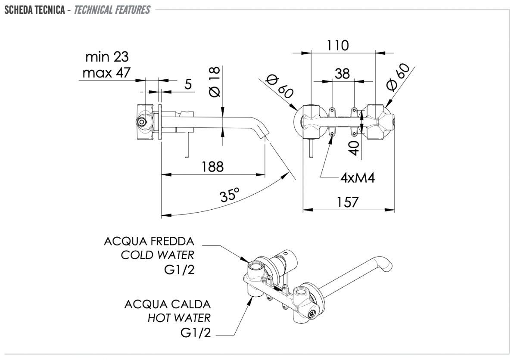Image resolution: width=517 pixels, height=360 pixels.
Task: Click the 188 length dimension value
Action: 213,167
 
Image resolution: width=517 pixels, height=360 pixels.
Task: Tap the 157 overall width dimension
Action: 348,202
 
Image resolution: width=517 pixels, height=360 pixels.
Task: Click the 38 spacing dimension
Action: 343,74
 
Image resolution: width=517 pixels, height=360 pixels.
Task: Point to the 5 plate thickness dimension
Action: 188,84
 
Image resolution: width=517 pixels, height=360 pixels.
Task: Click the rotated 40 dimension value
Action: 354,149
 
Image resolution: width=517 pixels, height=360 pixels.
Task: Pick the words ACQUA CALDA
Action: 168,304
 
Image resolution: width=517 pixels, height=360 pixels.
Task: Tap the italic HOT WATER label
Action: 179,318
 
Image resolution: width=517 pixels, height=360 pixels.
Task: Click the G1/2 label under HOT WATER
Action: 196,333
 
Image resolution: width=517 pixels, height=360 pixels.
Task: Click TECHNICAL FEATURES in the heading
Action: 112,9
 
